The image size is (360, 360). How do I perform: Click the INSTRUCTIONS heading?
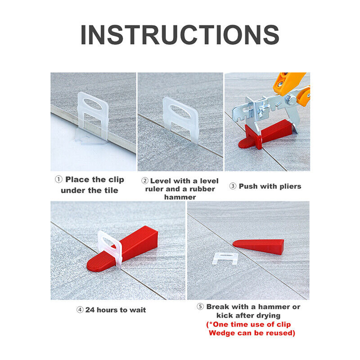click(180, 35)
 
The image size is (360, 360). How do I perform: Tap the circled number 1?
click(58, 180)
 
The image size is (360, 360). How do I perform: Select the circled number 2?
click(145, 180)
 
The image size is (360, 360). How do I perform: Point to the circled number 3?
click(233, 186)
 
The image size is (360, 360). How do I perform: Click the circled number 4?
click(80, 310)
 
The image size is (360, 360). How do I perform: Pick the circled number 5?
click(201, 307)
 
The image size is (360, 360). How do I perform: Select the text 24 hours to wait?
click(116, 310)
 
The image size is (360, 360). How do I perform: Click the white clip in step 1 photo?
click(93, 115)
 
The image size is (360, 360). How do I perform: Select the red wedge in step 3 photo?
click(265, 133)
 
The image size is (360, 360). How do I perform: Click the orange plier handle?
click(291, 81)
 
